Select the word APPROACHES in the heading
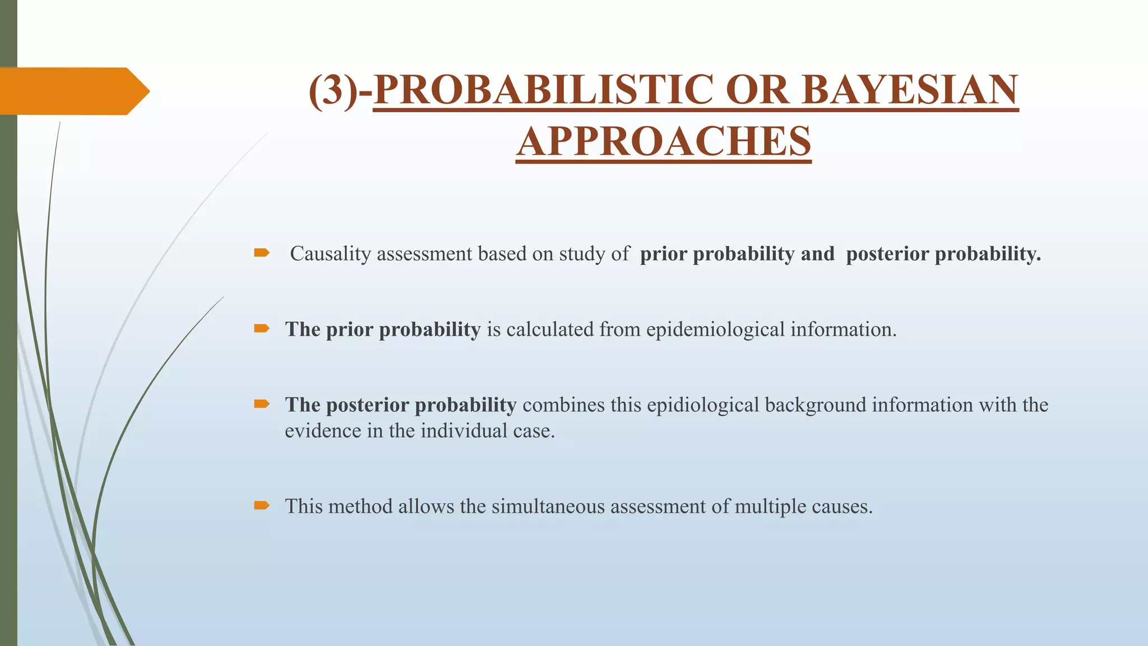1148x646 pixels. click(x=664, y=141)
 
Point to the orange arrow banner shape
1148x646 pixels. click(x=73, y=91)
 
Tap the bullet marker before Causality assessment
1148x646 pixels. click(x=261, y=253)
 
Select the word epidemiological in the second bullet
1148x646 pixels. click(x=715, y=330)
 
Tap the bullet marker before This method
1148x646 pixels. click(x=261, y=506)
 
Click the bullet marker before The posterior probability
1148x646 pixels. click(x=261, y=404)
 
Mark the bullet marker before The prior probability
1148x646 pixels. click(x=261, y=329)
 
